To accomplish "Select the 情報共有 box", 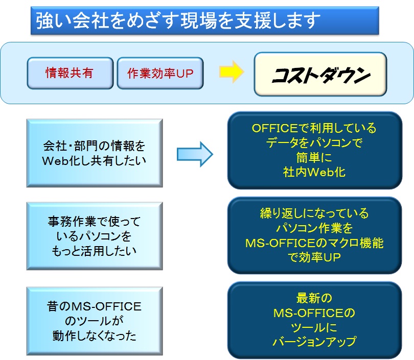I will pos(70,73).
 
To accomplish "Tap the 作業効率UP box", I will pos(160,73).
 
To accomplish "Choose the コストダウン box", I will pos(320,74).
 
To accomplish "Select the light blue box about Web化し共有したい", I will pos(94,153).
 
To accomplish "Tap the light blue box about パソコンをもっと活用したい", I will pos(94,236).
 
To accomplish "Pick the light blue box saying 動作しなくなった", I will pos(94,321).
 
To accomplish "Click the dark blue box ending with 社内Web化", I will pos(314,150).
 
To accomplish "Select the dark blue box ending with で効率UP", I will pos(314,235).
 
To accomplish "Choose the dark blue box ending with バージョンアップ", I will pos(314,320).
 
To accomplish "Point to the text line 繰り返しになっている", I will pos(314,213).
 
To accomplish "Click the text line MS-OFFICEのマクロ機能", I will pos(314,243).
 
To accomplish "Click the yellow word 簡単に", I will pos(314,157).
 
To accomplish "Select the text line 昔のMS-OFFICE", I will pos(94,306).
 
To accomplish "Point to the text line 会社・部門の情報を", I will pos(94,146).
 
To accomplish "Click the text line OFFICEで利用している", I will pos(314,128).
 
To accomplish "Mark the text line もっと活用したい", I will pos(94,251).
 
